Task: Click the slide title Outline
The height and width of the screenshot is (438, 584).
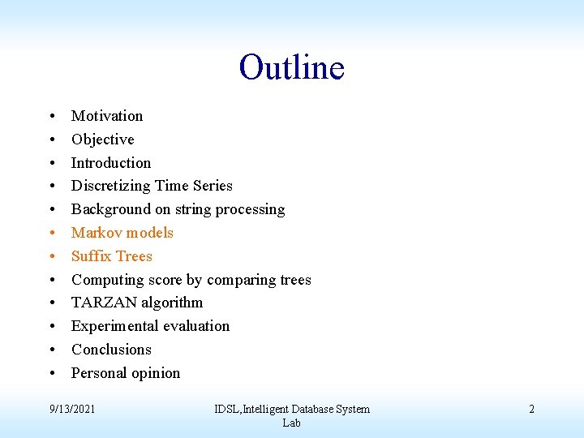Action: click(292, 67)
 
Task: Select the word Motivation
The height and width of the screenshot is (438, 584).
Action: click(107, 116)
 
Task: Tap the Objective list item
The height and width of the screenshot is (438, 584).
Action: click(102, 140)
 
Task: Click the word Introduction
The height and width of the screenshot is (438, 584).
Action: click(111, 163)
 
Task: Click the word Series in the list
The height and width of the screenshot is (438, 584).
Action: click(213, 186)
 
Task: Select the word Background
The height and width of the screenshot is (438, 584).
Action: click(109, 210)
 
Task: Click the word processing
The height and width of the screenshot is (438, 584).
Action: click(249, 210)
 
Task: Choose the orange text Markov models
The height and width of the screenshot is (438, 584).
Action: click(122, 233)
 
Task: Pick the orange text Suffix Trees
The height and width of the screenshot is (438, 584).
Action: click(112, 256)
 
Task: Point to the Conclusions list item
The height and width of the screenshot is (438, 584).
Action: click(111, 350)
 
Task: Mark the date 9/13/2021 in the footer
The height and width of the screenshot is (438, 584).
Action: click(71, 409)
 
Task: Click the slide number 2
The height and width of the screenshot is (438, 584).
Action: click(531, 409)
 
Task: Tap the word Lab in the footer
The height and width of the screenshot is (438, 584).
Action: click(292, 423)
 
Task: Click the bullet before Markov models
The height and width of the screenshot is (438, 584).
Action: click(51, 234)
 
